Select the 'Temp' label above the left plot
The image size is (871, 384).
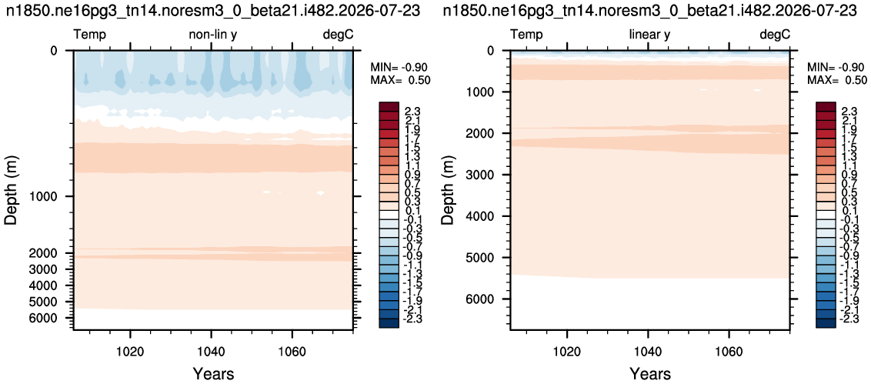pos(90,35)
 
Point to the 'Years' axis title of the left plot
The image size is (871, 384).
pos(213,373)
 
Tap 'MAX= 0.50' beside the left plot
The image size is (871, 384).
pos(401,80)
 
